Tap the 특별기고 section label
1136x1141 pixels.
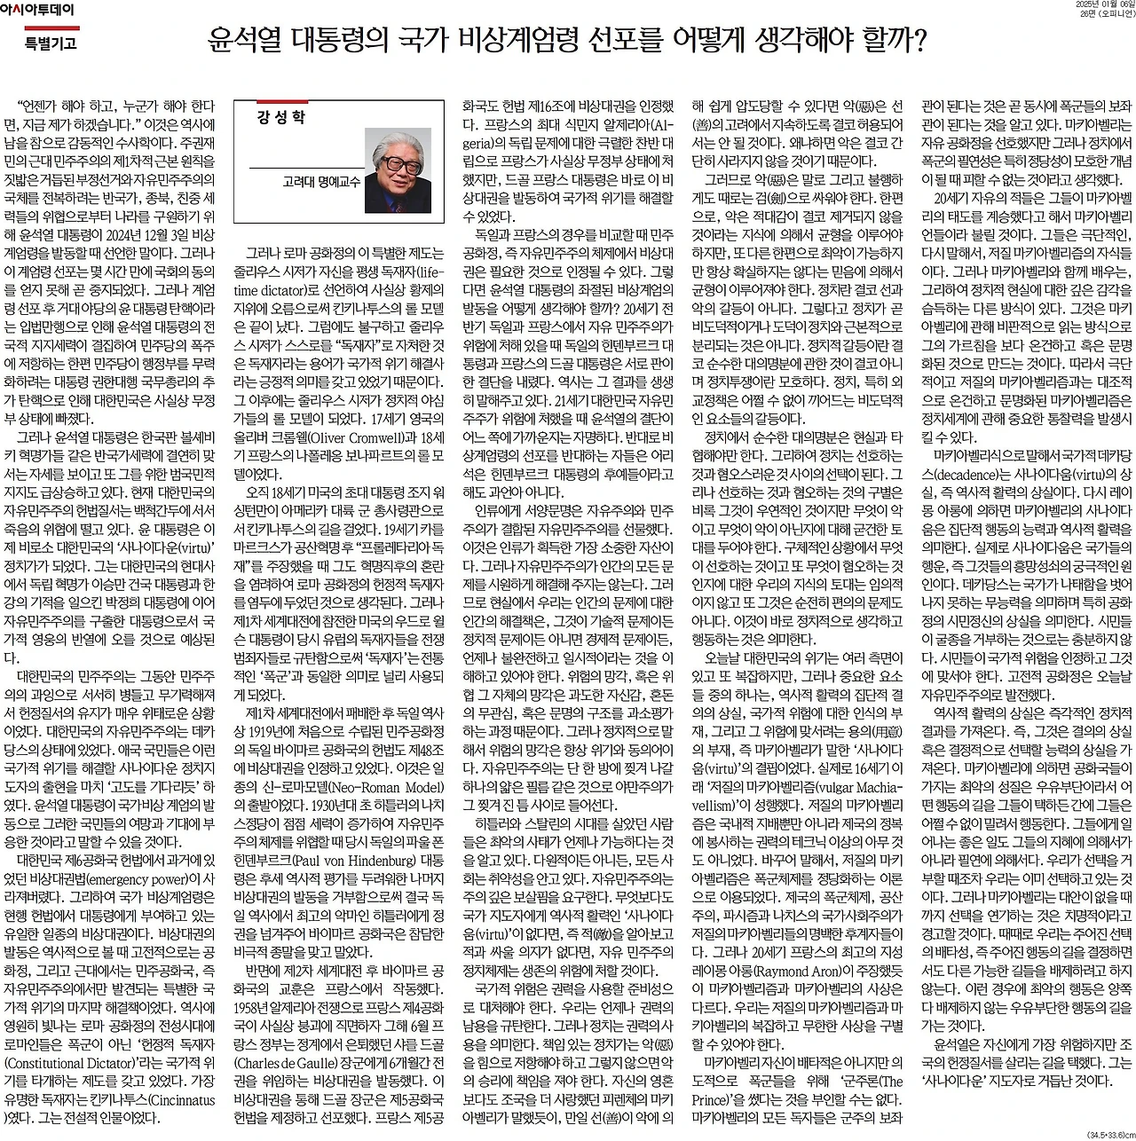tap(50, 43)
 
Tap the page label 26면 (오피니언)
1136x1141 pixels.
tap(1106, 15)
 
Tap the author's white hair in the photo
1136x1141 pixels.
tap(396, 142)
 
